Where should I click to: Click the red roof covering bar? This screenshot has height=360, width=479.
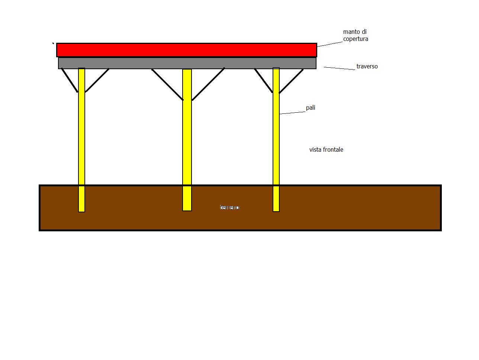pos(186,50)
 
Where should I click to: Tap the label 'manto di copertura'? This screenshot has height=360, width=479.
pos(355,35)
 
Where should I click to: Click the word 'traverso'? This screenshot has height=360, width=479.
pos(367,67)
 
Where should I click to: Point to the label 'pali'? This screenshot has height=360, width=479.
pos(311,108)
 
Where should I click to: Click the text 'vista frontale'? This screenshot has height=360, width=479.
pos(326,150)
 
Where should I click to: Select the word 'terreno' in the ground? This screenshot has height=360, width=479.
pos(229,207)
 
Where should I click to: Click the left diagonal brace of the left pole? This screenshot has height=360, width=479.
pos(70,80)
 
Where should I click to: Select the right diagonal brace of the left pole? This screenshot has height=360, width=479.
pos(97,80)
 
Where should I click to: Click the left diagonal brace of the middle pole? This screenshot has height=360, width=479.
pos(167,84)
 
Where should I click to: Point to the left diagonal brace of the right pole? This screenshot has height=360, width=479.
pos(263,80)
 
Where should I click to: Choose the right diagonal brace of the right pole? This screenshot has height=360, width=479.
pos(291,81)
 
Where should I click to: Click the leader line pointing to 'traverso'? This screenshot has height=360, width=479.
pos(340,68)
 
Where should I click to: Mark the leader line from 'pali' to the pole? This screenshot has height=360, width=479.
pos(292,112)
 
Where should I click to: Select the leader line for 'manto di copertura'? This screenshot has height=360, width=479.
pos(329,44)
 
